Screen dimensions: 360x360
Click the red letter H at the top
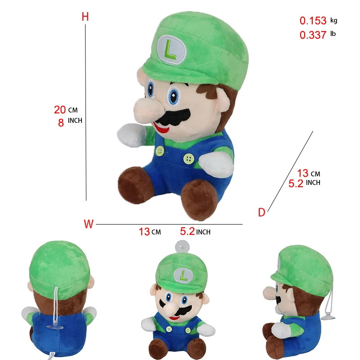coord(85,17)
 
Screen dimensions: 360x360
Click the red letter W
coord(89,224)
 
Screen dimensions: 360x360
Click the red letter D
coord(261,213)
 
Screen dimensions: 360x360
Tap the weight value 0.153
coord(313,21)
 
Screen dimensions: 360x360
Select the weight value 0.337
coord(313,35)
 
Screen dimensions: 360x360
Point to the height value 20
coord(60,109)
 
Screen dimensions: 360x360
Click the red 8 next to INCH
coord(61,122)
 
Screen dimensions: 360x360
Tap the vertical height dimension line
coord(85,112)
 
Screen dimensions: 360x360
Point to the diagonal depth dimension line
coord(290,171)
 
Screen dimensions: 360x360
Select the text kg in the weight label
coord(333,20)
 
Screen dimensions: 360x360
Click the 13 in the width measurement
coord(144,232)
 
